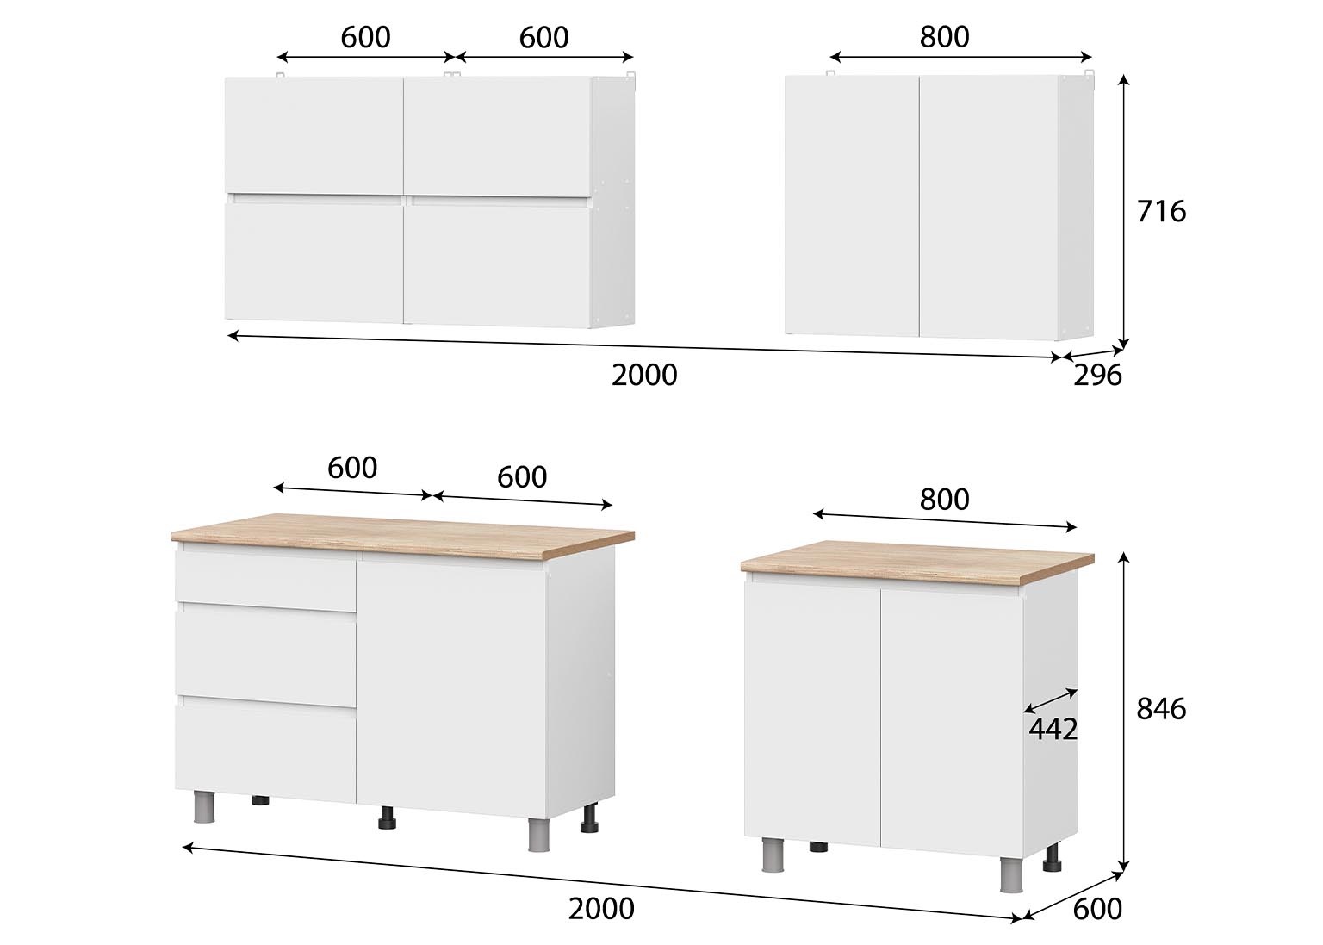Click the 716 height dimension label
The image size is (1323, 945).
(x=1160, y=211)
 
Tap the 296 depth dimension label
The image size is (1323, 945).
(x=1097, y=375)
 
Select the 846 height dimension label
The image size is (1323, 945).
(x=1160, y=709)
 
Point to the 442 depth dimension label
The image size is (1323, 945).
(x=1053, y=730)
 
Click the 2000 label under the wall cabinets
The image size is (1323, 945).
(x=643, y=375)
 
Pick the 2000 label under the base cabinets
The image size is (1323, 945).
(x=601, y=908)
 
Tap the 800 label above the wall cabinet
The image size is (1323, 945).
(x=944, y=37)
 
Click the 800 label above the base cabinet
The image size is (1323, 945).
(x=944, y=499)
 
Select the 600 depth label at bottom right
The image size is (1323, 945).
(x=1097, y=909)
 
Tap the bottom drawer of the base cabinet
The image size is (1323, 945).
(x=266, y=749)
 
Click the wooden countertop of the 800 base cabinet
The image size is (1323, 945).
(x=917, y=557)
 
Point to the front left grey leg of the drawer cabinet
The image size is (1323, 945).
(x=204, y=807)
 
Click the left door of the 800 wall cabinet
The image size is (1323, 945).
(x=852, y=206)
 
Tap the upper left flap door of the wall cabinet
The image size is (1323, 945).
(x=314, y=136)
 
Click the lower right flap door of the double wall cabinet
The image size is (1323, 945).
(x=497, y=264)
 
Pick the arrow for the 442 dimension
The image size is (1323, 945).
(x=1051, y=699)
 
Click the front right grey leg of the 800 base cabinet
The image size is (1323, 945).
(x=1010, y=874)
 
